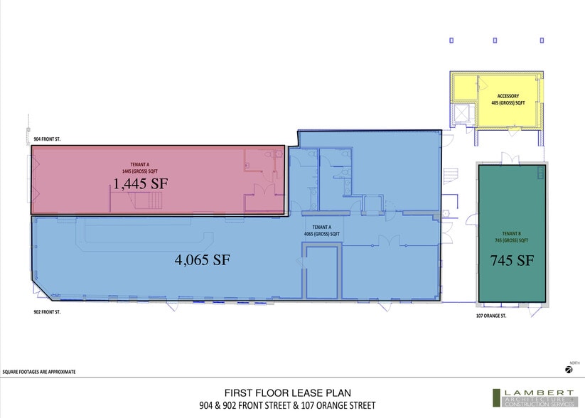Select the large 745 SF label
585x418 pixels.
[511, 260]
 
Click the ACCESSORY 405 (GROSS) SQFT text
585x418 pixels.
[508, 100]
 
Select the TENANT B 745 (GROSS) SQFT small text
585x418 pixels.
[511, 237]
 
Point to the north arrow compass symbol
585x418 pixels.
[569, 369]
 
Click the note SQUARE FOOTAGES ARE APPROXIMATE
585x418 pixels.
[39, 372]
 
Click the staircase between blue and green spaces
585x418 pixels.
[449, 175]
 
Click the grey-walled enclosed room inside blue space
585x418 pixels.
[322, 272]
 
